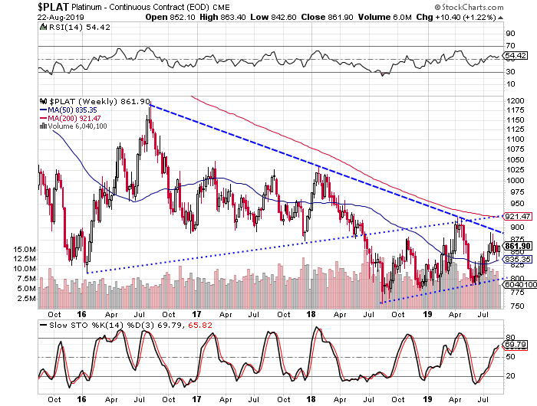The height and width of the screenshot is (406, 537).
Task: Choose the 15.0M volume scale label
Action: (x=26, y=250)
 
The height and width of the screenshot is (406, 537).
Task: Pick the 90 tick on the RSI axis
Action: (x=508, y=34)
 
